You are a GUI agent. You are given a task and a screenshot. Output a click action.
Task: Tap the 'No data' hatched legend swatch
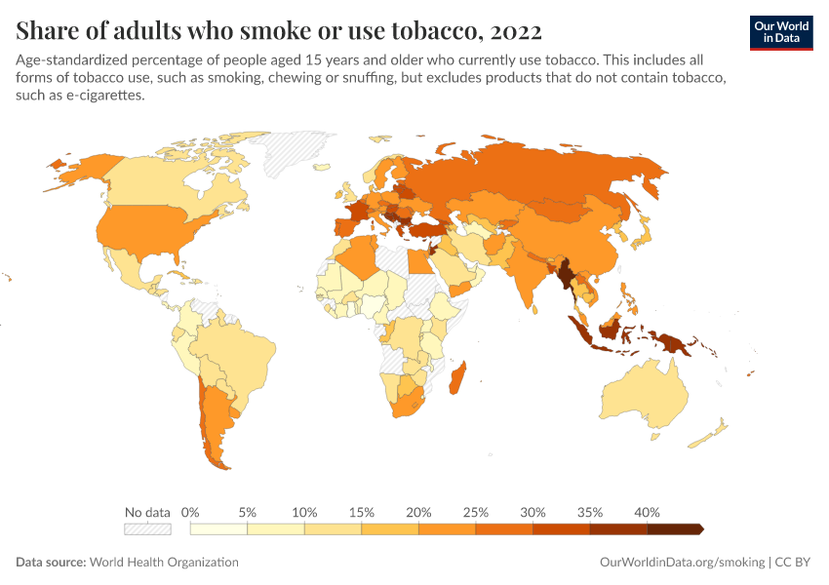click(x=147, y=528)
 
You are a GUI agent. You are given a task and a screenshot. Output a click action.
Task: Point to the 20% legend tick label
click(x=418, y=512)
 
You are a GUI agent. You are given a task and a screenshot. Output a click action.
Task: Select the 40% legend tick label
click(x=647, y=512)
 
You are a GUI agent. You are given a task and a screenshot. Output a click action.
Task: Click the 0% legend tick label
click(x=190, y=512)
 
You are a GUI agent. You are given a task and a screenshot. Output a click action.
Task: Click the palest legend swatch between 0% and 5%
click(x=218, y=528)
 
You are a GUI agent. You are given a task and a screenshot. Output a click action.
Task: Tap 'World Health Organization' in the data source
click(x=164, y=563)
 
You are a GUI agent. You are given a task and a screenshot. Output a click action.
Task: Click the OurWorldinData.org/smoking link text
click(x=682, y=563)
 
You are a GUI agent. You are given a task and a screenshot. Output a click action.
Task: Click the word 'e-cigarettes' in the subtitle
click(x=103, y=96)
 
